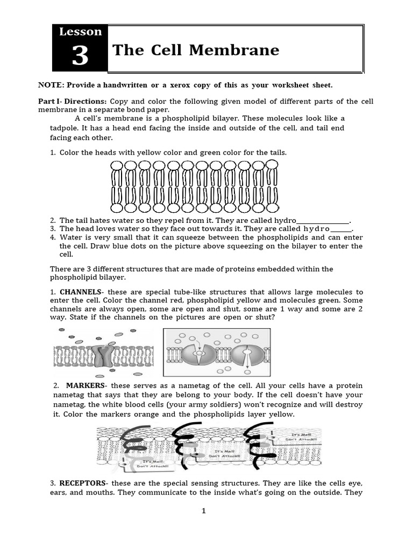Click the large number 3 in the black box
pyautogui.click(x=80, y=56)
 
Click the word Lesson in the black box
pyautogui.click(x=80, y=32)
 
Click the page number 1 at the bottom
pyautogui.click(x=204, y=511)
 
